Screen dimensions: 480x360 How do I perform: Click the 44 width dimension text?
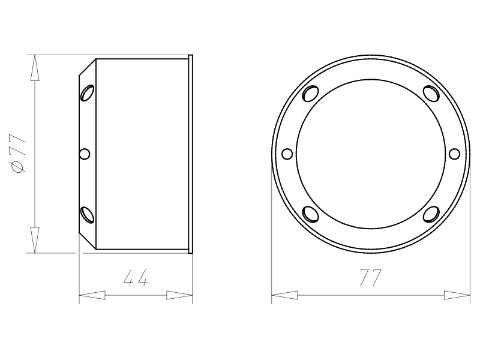point(136,278)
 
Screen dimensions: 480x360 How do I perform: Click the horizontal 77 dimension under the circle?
point(371,278)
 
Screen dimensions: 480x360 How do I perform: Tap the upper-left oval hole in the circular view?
point(310,93)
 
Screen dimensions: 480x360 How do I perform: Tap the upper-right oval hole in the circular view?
point(431,93)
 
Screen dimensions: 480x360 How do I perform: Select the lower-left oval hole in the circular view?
point(310,214)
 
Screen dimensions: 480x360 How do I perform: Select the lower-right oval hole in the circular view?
point(431,214)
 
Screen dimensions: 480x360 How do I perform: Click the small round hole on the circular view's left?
point(287,154)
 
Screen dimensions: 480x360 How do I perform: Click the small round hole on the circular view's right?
point(454,154)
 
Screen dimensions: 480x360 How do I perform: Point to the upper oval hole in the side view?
point(87,93)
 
